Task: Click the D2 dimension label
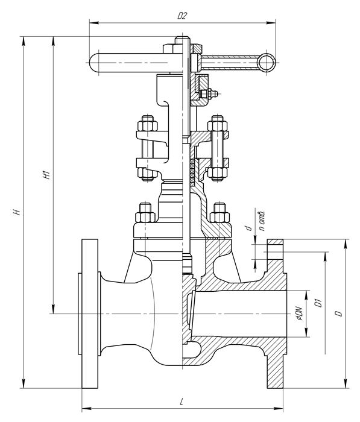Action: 182,16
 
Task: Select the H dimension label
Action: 17,212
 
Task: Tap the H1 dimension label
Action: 47,175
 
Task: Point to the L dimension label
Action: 182,402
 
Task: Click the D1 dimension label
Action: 318,303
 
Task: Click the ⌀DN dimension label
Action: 300,314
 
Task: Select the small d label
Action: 249,228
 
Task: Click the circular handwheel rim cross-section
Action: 267,63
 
